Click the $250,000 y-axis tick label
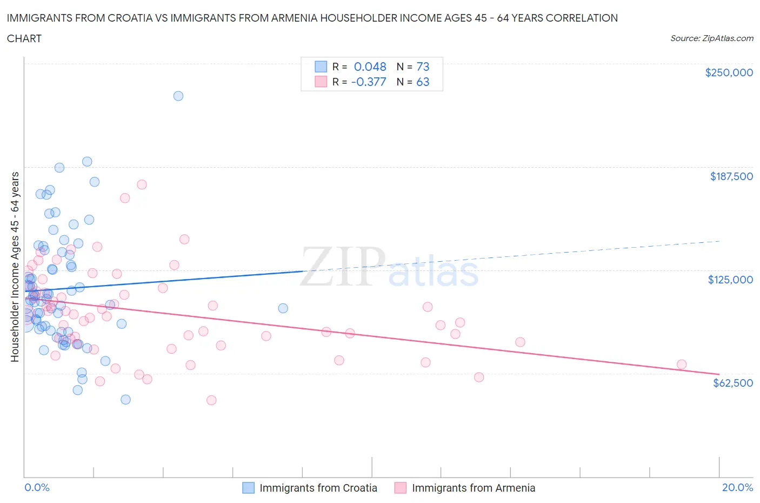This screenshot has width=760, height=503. pyautogui.click(x=728, y=73)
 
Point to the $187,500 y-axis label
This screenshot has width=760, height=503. pyautogui.click(x=731, y=176)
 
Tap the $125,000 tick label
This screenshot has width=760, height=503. pyautogui.click(x=730, y=280)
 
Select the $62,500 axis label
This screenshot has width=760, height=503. pyautogui.click(x=732, y=383)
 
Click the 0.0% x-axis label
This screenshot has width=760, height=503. pyautogui.click(x=37, y=487)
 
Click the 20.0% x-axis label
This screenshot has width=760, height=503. pyautogui.click(x=737, y=487)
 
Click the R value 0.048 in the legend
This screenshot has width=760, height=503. pyautogui.click(x=370, y=67)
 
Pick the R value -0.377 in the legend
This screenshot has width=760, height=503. pyautogui.click(x=369, y=82)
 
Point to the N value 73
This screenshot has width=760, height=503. pyautogui.click(x=423, y=67)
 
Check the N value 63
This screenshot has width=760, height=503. pyautogui.click(x=423, y=82)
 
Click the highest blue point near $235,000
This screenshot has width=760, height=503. pyautogui.click(x=178, y=96)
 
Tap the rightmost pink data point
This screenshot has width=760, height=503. pyautogui.click(x=681, y=365)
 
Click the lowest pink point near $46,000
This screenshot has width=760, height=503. pyautogui.click(x=211, y=400)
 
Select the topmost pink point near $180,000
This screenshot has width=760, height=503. pyautogui.click(x=142, y=184)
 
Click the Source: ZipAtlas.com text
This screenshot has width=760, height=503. pyautogui.click(x=711, y=38)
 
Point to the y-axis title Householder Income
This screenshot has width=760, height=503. pyautogui.click(x=15, y=267)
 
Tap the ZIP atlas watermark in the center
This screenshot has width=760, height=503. pyautogui.click(x=389, y=267)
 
